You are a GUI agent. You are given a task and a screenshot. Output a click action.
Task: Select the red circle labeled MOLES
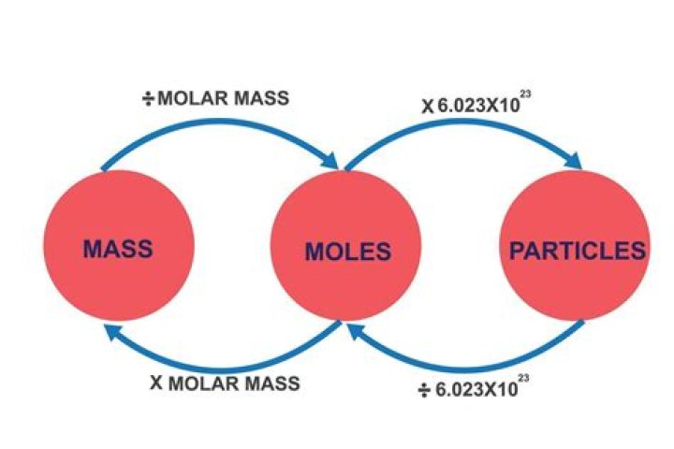point(344,248)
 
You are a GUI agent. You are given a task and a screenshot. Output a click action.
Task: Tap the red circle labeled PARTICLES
point(573,248)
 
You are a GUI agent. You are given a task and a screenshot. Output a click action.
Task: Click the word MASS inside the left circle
point(118,249)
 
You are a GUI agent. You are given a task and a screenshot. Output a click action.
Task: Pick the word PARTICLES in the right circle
point(577,251)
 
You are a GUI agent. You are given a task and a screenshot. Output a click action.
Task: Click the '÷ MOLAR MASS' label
point(214,98)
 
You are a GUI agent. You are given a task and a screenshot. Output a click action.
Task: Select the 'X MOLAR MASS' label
point(226,383)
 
